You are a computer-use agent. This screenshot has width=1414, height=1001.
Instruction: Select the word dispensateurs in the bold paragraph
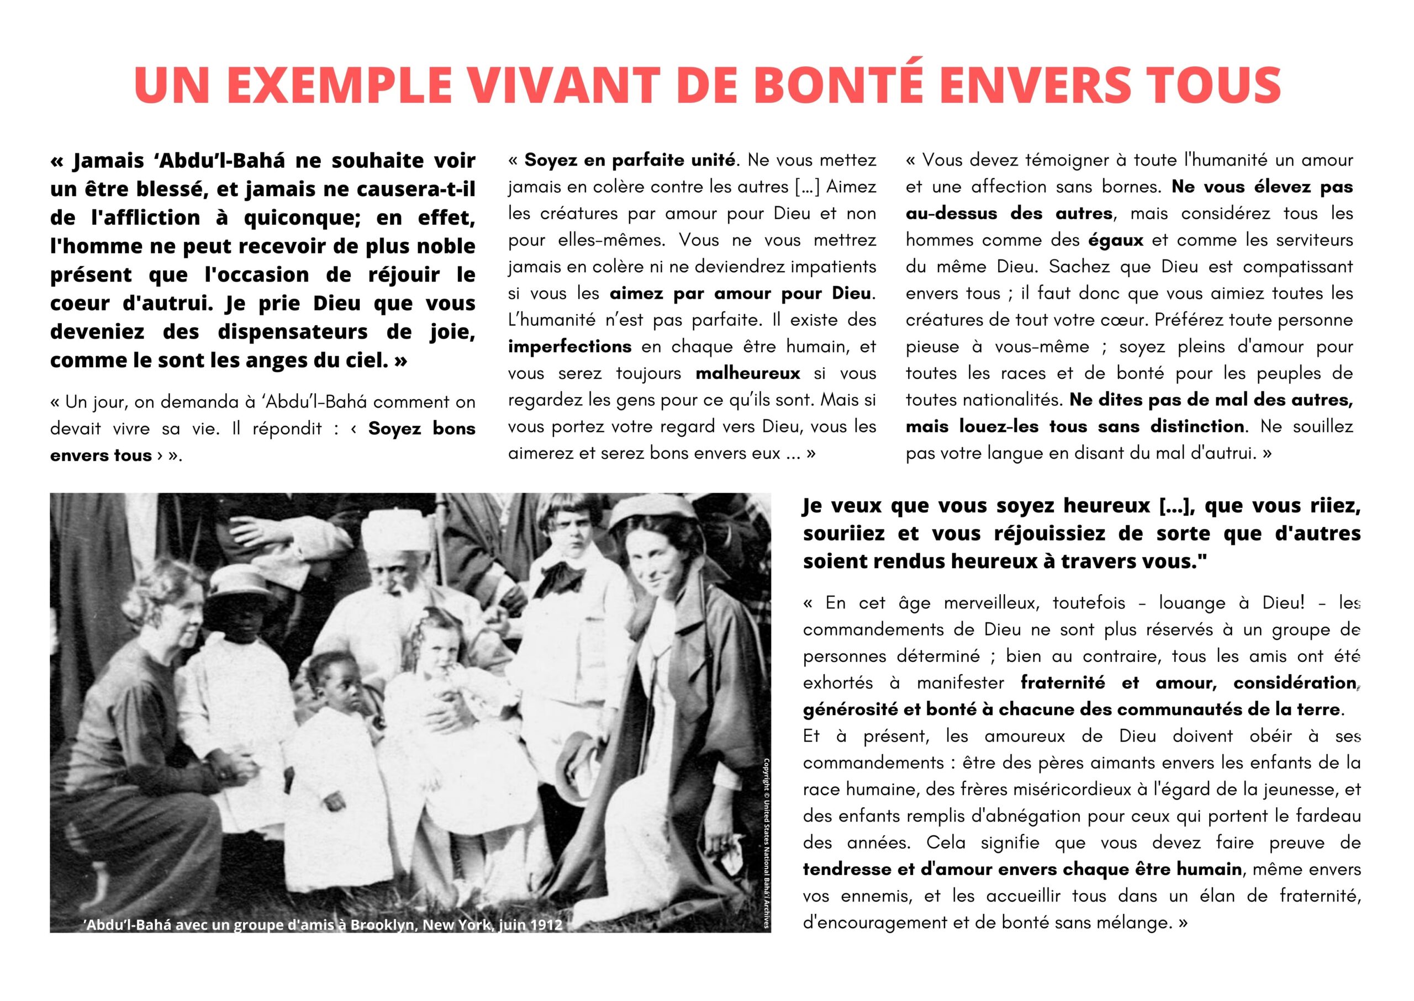[x=293, y=332]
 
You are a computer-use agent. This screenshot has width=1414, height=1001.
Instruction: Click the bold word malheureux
[x=747, y=373]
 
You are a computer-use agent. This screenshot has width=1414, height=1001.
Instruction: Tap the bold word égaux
[x=1116, y=240]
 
